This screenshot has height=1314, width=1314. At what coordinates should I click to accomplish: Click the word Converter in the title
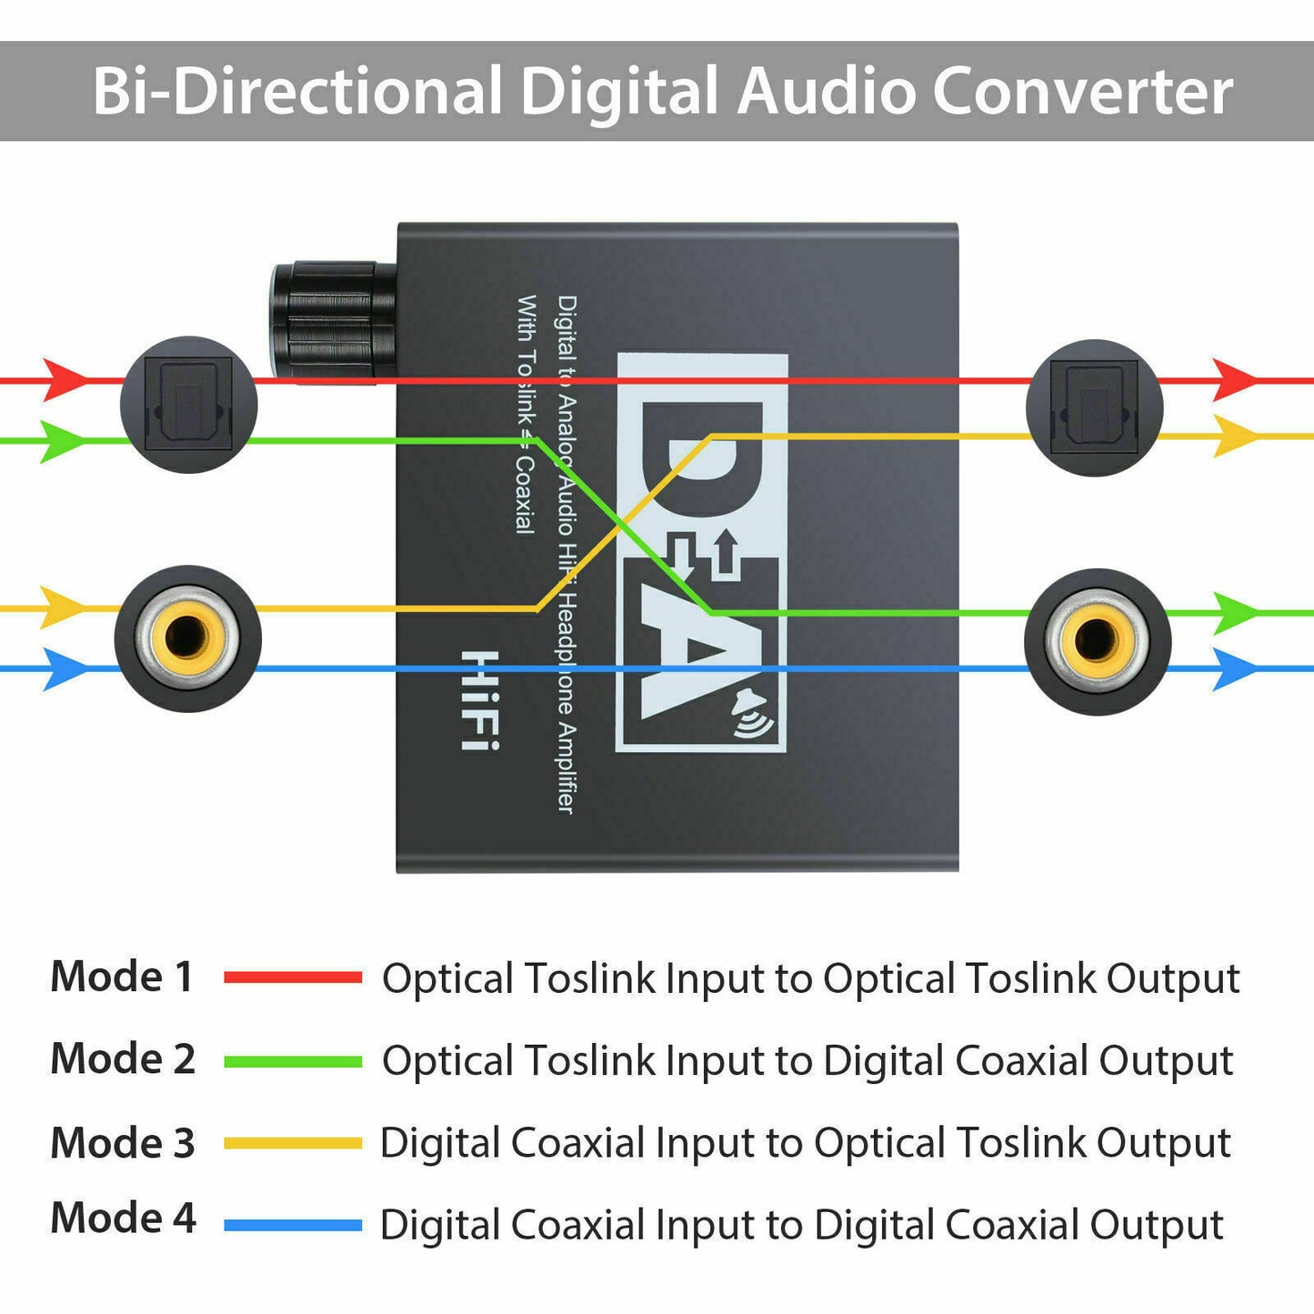1082,91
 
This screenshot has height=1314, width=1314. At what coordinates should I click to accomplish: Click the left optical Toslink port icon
189,405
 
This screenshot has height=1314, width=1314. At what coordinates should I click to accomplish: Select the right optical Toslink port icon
1094,407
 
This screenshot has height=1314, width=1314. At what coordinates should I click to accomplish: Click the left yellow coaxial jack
188,638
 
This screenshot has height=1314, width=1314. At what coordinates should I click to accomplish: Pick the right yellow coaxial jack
1098,641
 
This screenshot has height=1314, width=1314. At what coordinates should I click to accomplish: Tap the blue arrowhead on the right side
1234,669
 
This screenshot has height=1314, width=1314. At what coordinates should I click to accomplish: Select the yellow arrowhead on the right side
1234,436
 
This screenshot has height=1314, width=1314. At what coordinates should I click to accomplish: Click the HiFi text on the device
479,700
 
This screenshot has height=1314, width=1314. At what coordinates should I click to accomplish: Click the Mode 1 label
122,977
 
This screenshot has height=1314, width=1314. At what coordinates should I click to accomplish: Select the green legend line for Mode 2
293,1061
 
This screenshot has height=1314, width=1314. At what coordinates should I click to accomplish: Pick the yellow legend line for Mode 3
293,1143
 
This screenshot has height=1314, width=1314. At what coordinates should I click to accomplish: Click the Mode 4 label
123,1218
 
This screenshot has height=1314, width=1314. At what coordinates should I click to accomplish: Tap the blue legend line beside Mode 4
293,1225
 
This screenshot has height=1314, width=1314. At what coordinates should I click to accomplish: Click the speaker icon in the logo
751,712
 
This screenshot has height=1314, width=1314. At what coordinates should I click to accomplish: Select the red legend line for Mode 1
293,978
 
